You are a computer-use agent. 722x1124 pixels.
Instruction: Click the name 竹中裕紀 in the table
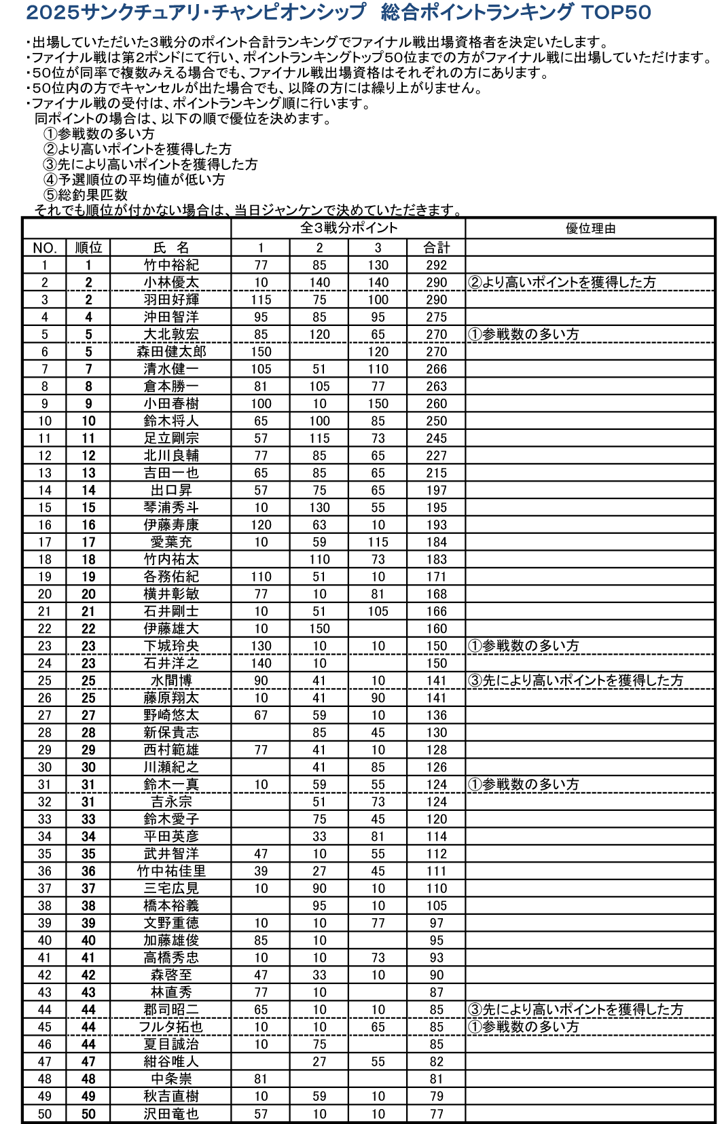tap(170, 265)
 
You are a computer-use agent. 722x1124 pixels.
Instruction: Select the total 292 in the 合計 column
tap(436, 265)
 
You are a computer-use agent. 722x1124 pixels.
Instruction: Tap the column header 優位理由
tap(590, 228)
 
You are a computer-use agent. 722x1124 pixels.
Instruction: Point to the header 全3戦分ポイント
tap(348, 228)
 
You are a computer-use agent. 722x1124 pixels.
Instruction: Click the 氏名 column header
tap(170, 248)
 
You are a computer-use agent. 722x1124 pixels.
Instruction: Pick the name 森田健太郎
tap(170, 352)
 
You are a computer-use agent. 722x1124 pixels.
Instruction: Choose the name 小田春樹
tap(170, 403)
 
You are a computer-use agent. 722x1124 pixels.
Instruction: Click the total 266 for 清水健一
tap(436, 369)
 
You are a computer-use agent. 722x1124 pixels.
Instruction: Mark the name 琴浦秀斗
tap(170, 507)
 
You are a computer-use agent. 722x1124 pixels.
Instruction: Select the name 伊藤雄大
tap(170, 629)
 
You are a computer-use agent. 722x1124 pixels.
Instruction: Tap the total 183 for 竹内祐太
tap(436, 560)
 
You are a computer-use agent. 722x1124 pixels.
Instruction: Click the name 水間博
tap(170, 681)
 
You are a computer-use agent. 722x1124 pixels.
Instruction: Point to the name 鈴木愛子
tap(170, 819)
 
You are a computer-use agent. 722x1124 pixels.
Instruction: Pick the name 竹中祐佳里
tap(170, 871)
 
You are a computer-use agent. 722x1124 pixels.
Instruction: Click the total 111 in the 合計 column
tap(436, 871)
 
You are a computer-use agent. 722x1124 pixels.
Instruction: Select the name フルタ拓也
tap(170, 1027)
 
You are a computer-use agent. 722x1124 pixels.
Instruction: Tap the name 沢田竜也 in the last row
tap(170, 1114)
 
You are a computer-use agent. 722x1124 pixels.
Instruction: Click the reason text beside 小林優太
tap(562, 283)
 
